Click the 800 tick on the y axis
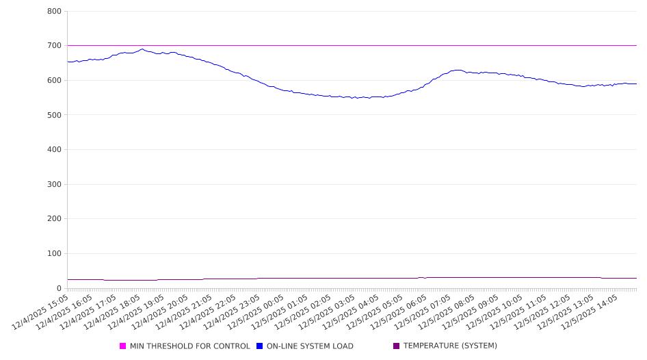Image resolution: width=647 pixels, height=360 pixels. coord(55,12)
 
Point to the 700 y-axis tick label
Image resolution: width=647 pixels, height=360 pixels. coord(55,46)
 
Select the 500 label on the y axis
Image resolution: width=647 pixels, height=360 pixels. coord(55,115)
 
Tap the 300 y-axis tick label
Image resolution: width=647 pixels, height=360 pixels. coord(55,184)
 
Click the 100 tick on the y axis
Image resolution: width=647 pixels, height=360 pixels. coord(55,254)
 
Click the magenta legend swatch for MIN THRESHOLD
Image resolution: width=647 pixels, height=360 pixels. coord(123,346)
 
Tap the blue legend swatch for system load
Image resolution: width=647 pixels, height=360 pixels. coord(260,346)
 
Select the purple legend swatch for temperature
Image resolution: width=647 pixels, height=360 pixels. coord(397,346)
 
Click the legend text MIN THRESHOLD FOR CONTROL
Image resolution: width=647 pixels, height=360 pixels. coord(190,346)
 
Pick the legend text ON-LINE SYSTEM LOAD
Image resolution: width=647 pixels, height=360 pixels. coord(310,346)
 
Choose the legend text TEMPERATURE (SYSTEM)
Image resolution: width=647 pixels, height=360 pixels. coord(450,346)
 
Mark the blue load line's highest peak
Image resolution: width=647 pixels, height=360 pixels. coord(142,49)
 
